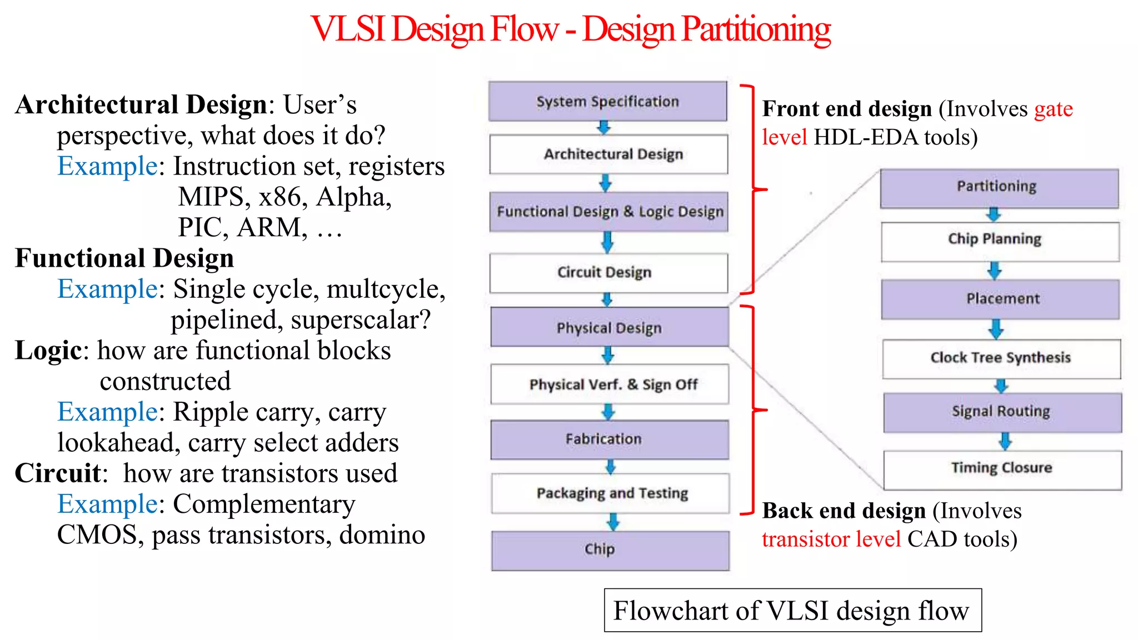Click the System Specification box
pos(607,102)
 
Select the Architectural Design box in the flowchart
pos(608,154)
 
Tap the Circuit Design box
pos(608,272)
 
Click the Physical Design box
pos(610,327)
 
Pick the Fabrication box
pos(610,439)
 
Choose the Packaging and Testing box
pos(610,493)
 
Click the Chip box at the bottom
pos(610,550)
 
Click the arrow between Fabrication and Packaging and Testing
pos(610,467)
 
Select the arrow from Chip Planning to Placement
pos(995,271)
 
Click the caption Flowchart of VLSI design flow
pos(792,610)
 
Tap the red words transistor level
pos(831,539)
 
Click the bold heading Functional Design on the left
pos(124,258)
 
